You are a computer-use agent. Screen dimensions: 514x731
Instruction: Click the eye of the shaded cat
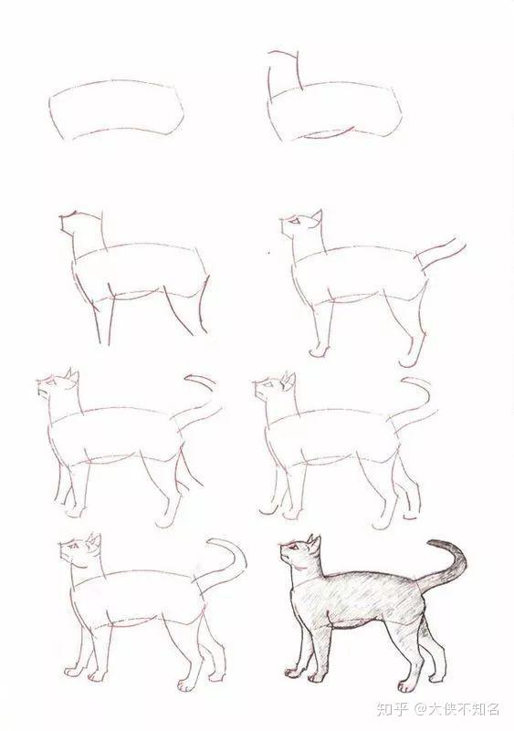(293, 546)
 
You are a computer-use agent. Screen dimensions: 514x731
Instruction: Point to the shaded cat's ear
(314, 544)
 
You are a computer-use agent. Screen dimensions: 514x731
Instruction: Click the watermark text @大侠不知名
(457, 709)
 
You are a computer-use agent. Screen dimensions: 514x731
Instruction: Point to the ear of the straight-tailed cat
(317, 218)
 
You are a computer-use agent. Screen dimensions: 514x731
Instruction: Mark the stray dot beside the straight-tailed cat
(269, 253)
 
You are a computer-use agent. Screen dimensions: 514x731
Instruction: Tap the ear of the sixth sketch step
(288, 381)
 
